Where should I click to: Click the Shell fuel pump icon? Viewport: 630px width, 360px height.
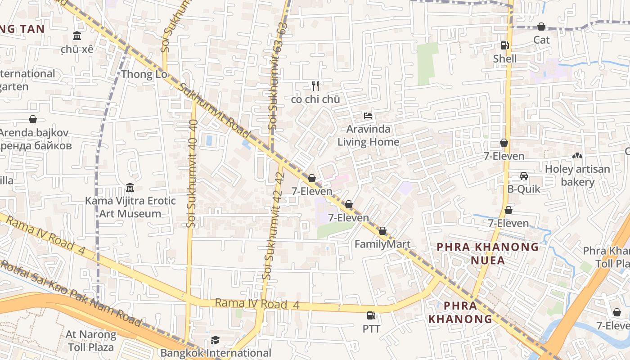tap(504, 45)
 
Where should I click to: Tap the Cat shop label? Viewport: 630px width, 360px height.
tap(541, 40)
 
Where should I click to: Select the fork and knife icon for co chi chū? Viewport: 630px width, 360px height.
tap(315, 85)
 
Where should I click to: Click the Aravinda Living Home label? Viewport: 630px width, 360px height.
tap(368, 135)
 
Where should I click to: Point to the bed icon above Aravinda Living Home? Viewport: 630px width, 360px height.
tap(368, 115)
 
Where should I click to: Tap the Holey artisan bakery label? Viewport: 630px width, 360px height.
tap(577, 175)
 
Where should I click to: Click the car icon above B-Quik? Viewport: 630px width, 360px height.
tap(524, 175)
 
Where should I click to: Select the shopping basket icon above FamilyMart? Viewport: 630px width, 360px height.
tap(382, 231)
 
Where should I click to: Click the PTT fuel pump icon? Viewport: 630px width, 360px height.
tap(371, 315)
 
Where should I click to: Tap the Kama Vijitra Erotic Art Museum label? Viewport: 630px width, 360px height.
tap(130, 207)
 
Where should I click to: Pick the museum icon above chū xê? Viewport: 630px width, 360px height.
tap(77, 36)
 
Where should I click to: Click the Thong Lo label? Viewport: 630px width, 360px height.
tap(144, 74)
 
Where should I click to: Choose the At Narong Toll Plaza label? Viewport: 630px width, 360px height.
tap(91, 341)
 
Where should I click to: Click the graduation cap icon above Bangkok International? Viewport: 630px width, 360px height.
tap(216, 340)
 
